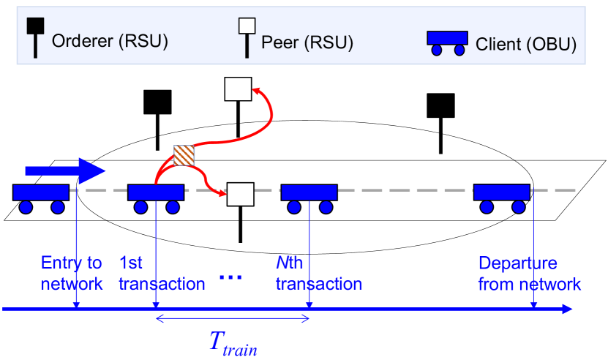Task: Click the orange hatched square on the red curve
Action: coord(183,156)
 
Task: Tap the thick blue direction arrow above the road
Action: coord(65,171)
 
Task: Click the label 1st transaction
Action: coord(161,273)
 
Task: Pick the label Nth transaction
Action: coord(318,273)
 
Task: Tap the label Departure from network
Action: coord(529,273)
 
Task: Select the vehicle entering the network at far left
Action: coord(41,198)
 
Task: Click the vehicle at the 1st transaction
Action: coord(156,198)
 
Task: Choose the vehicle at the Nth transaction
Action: coord(309,198)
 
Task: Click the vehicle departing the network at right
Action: coord(502,198)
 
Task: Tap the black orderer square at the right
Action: coord(440,106)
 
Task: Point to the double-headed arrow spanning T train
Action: coord(233,318)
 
